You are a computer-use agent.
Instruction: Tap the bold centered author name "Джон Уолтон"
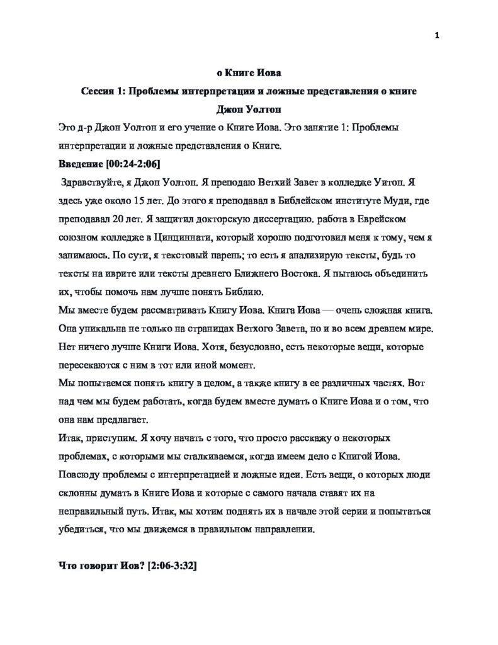click(x=249, y=110)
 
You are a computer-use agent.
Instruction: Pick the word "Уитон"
click(x=382, y=183)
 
